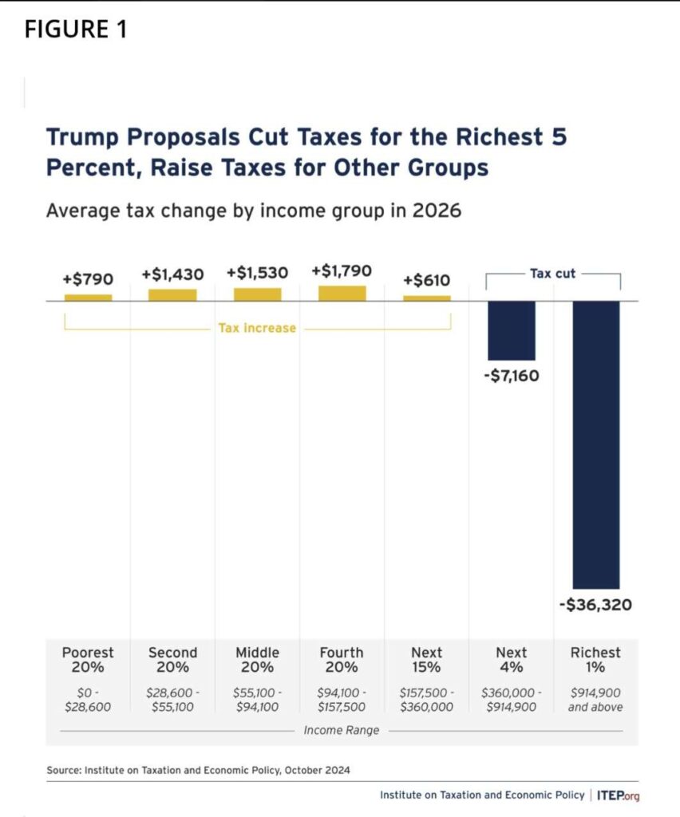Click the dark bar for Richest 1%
(596, 444)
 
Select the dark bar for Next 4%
(512, 330)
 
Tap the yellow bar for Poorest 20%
(88, 297)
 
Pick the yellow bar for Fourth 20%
(342, 293)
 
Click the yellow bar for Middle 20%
(257, 294)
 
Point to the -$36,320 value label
(595, 605)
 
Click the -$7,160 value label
(511, 375)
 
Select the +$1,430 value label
(172, 274)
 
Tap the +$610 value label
(426, 280)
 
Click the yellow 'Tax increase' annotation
(257, 328)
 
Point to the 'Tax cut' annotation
(552, 274)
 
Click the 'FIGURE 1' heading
(75, 30)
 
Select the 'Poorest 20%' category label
(88, 660)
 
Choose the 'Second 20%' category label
(172, 660)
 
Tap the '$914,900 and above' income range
(595, 700)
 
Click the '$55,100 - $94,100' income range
(257, 700)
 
